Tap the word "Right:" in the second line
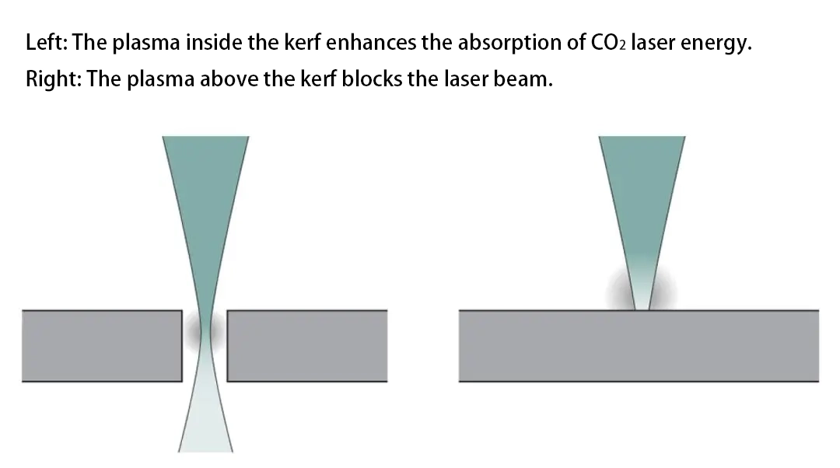pos(52,79)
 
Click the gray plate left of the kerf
pos(101,345)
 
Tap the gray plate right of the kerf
pos(306,345)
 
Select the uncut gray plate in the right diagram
pos(638,345)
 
